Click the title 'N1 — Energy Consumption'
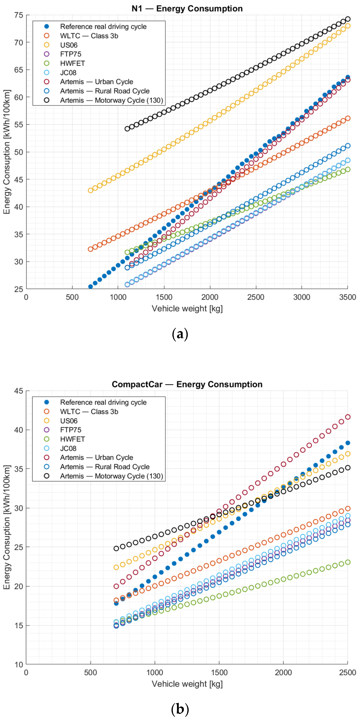click(187, 9)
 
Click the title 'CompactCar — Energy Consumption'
click(187, 384)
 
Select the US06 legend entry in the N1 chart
click(69, 45)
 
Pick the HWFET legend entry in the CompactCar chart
click(72, 439)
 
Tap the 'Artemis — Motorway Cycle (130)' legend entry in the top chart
click(111, 100)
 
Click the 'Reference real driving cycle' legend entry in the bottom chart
click(103, 402)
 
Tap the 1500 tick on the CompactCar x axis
click(219, 672)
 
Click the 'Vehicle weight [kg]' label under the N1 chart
click(187, 308)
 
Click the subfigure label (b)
click(180, 709)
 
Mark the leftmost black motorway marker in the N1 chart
click(127, 129)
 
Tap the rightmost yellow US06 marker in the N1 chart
click(348, 26)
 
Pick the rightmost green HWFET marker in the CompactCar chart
click(348, 562)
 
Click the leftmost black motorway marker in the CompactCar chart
click(116, 548)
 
